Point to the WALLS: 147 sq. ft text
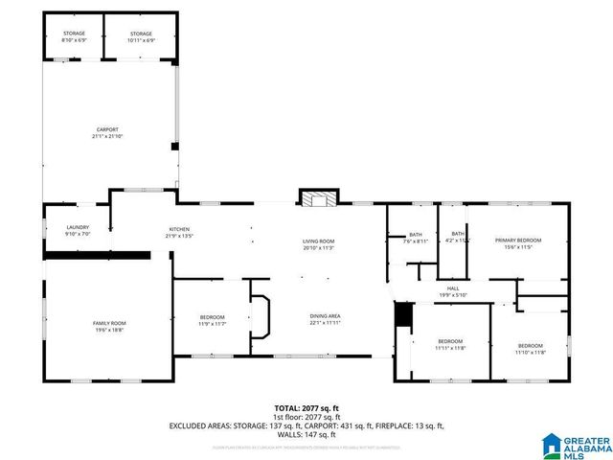[x=306, y=434]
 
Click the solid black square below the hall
[x=402, y=315]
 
